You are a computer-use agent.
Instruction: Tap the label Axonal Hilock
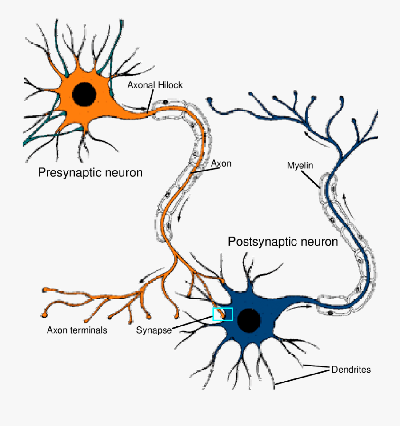coord(155,85)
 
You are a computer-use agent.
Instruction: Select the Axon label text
coord(221,163)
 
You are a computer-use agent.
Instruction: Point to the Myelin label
coord(300,166)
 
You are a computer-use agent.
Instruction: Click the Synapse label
coord(154,330)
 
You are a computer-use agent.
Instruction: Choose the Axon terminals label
coord(77,330)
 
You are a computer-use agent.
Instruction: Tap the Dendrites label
coord(351,370)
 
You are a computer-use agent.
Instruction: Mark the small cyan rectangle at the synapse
coord(223,314)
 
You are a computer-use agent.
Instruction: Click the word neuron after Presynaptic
coord(123,172)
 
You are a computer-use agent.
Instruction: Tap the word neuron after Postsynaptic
coord(318,242)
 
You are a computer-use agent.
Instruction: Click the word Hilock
coord(171,85)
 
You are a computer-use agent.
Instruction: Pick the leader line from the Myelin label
coord(311,179)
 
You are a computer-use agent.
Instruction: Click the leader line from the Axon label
coord(202,169)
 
